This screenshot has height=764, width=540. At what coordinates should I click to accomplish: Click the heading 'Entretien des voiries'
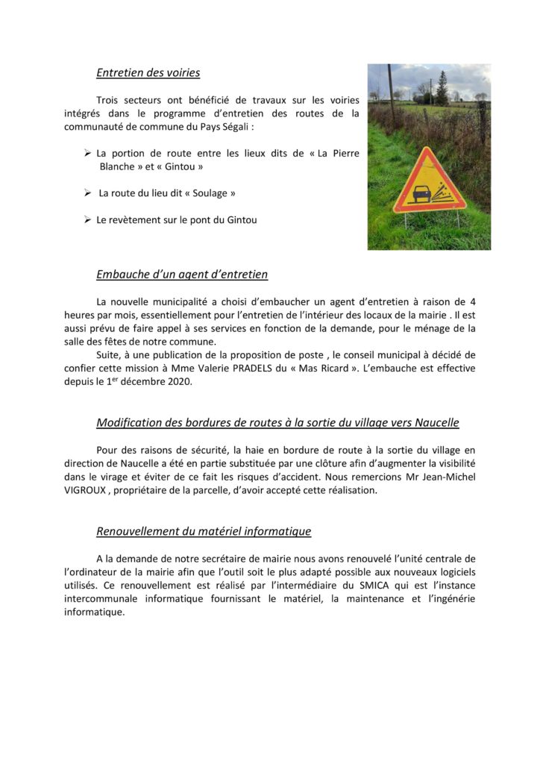(148, 73)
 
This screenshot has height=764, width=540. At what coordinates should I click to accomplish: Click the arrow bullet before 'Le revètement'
(88, 220)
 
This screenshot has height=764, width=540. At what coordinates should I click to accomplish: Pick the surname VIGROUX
(90, 490)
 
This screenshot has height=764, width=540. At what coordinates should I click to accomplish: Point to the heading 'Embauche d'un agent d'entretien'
(182, 275)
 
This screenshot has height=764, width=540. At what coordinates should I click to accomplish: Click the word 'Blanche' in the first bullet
(118, 166)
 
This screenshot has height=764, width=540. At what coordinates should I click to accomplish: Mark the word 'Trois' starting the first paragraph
(110, 100)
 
